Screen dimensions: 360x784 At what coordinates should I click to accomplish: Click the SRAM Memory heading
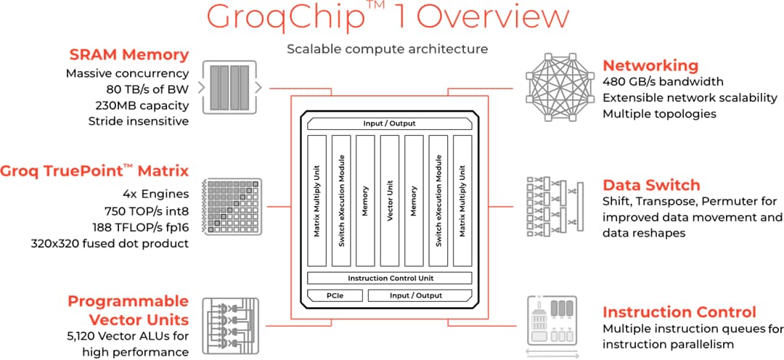pyautogui.click(x=129, y=54)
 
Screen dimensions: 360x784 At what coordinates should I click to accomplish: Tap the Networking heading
pyautogui.click(x=650, y=65)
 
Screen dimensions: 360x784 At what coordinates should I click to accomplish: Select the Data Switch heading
pyautogui.click(x=651, y=184)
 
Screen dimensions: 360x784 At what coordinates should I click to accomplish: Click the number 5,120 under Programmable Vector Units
pyautogui.click(x=86, y=336)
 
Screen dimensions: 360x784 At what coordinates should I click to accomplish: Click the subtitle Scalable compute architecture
pyautogui.click(x=388, y=49)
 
